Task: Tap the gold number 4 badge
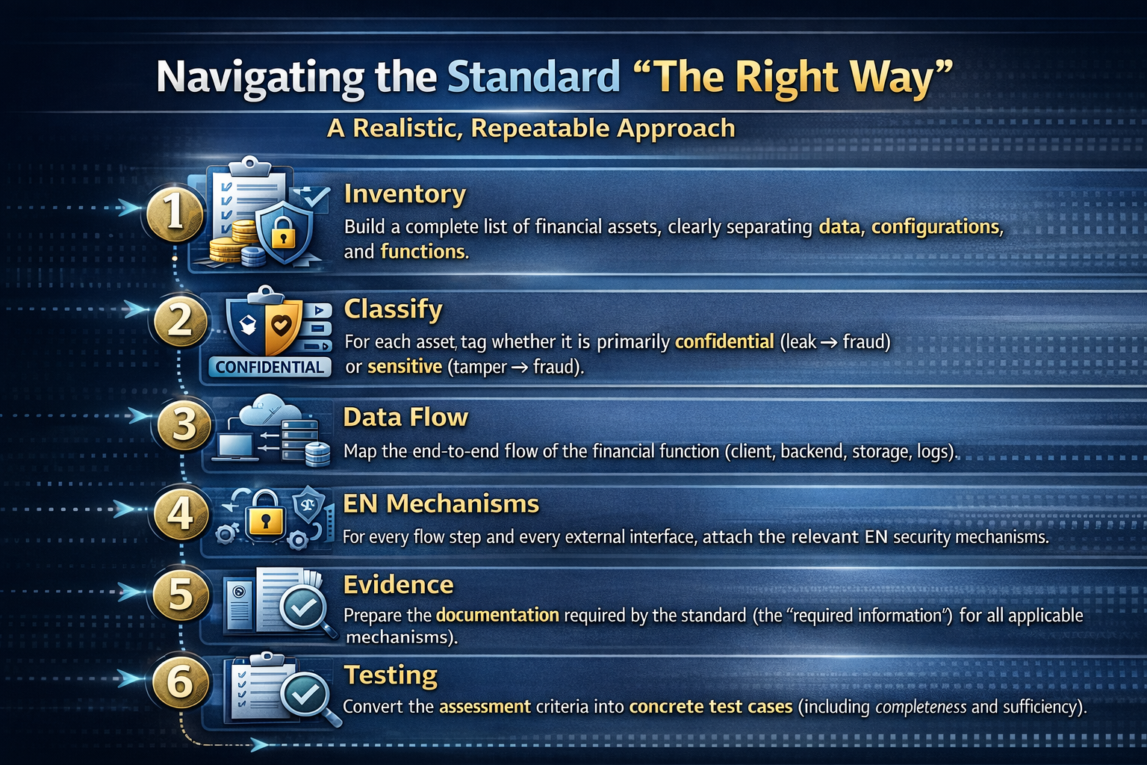(179, 514)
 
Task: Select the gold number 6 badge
(180, 681)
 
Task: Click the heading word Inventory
(405, 193)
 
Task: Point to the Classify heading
(393, 309)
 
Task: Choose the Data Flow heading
(405, 417)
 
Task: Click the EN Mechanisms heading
(441, 504)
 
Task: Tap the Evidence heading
(398, 584)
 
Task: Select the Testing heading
(391, 675)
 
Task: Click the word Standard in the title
(534, 77)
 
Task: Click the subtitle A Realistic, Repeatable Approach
(531, 128)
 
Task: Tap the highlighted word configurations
(936, 226)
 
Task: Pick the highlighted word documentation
(497, 615)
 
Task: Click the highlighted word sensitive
(405, 367)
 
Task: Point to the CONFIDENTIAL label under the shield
(270, 367)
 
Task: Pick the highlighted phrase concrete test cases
(710, 707)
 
